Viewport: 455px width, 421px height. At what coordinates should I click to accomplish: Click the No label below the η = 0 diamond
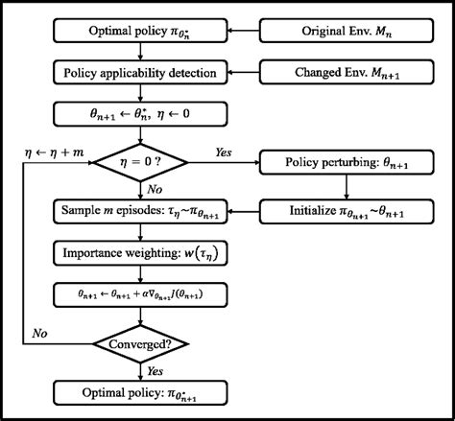(x=154, y=191)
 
